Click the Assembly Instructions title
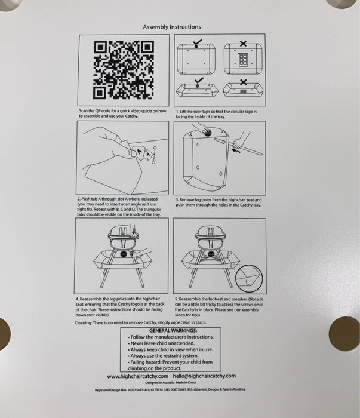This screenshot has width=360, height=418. [x=172, y=27]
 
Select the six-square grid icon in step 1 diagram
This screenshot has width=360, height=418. [x=244, y=60]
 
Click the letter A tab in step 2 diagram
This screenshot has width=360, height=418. [x=141, y=154]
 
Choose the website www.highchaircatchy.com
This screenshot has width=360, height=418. [x=137, y=376]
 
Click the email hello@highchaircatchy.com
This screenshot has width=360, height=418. [x=205, y=376]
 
